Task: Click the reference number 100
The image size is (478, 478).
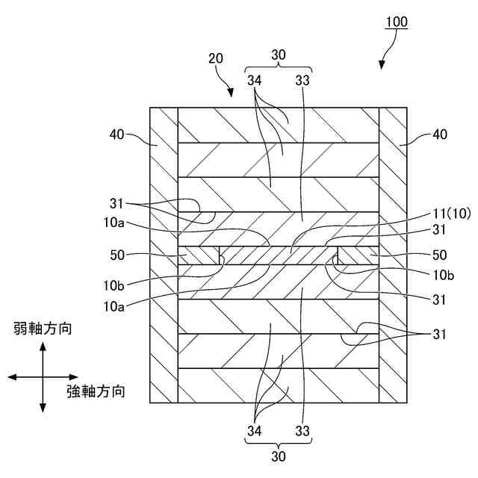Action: tap(396, 22)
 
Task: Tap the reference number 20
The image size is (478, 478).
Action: tap(216, 59)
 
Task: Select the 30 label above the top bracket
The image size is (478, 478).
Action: tap(278, 55)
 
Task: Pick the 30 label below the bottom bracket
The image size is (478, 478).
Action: tap(278, 453)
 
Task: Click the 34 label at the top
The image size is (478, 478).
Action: tap(255, 80)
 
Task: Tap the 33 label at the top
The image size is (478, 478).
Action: tap(302, 80)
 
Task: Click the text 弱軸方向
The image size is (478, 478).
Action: tap(43, 329)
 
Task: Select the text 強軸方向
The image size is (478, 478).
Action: tap(95, 391)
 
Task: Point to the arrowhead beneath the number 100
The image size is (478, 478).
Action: tap(383, 65)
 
